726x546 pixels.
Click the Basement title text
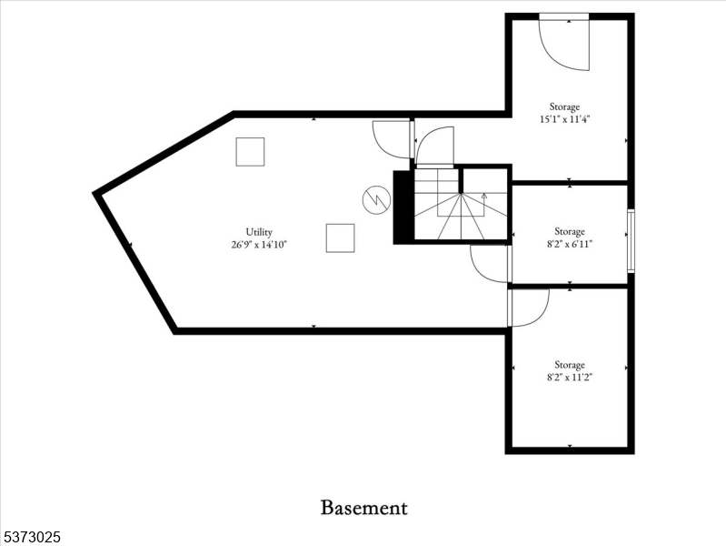363,508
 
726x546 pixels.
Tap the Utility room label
259,232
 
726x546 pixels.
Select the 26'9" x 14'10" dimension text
259,244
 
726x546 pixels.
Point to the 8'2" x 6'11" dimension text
570,243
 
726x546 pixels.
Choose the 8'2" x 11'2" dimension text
570,377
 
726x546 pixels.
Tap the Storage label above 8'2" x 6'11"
570,231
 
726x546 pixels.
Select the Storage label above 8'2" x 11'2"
570,365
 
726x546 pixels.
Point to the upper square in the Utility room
250,151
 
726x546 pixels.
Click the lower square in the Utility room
340,238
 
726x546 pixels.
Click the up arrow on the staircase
483,196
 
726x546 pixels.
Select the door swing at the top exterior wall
564,42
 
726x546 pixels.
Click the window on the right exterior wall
631,240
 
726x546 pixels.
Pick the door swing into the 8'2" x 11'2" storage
529,307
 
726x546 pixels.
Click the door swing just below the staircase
489,263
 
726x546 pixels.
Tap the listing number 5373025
31,538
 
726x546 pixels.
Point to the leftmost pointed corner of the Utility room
96,193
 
